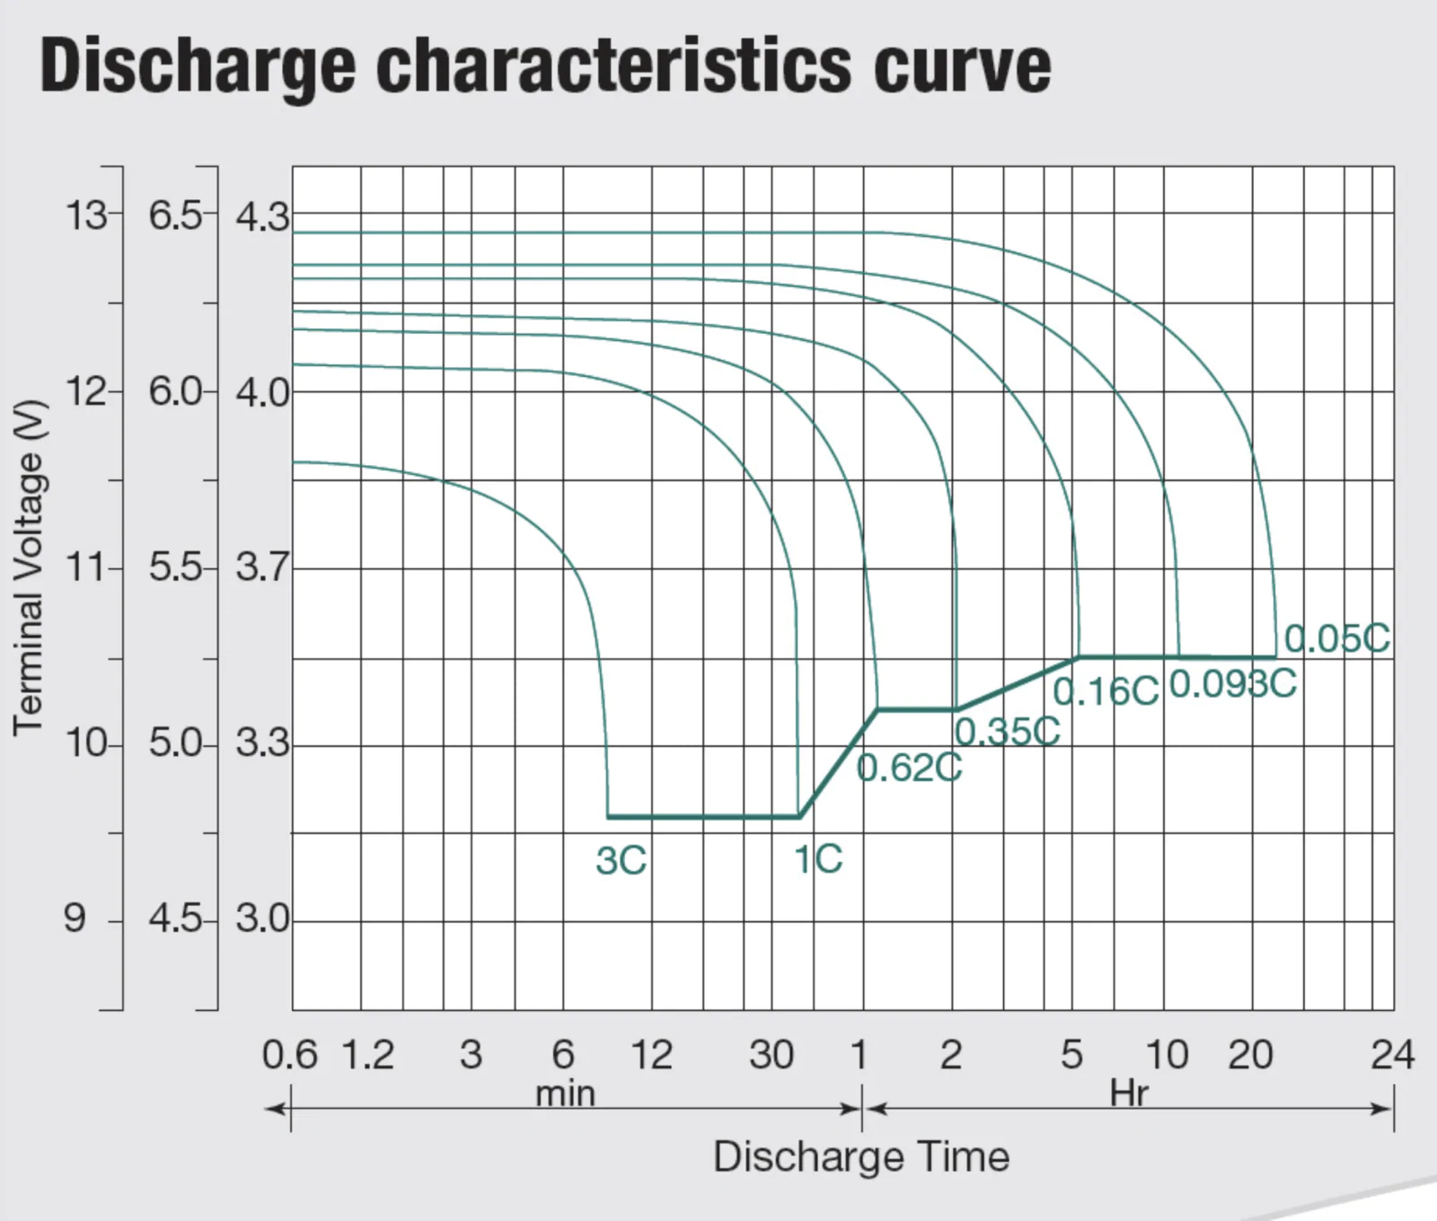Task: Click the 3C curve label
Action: click(621, 860)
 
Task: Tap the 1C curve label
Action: click(818, 859)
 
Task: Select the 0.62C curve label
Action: click(909, 768)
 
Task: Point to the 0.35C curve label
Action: click(1007, 732)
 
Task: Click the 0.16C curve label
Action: click(1106, 691)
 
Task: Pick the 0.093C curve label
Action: click(1233, 684)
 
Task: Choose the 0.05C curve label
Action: click(1336, 638)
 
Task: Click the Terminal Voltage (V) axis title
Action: click(28, 568)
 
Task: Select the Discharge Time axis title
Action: click(861, 1156)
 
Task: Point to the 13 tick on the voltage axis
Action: click(85, 215)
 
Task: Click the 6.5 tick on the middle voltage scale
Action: click(175, 215)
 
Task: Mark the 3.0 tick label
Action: click(262, 919)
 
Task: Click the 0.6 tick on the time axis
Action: click(289, 1055)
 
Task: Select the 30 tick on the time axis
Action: click(771, 1055)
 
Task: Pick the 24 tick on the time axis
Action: click(1392, 1055)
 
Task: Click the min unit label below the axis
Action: click(565, 1094)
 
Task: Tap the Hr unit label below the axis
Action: click(1128, 1094)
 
